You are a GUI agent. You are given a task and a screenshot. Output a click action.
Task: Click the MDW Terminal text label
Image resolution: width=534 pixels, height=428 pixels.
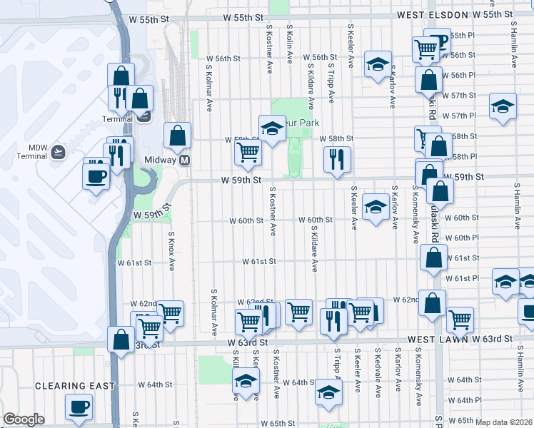(32, 151)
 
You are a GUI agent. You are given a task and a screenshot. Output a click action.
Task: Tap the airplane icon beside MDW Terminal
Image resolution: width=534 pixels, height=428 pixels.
(58, 151)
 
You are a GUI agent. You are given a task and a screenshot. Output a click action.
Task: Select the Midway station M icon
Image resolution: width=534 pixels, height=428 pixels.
(185, 160)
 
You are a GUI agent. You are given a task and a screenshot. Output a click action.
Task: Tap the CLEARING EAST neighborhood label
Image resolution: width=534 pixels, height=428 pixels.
(76, 386)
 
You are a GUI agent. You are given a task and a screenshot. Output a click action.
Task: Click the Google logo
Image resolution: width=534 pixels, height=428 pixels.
(24, 420)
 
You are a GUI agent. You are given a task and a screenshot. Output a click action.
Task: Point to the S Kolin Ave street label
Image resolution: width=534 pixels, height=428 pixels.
(289, 42)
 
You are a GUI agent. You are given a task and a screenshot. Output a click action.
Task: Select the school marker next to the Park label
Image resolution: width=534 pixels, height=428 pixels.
(272, 128)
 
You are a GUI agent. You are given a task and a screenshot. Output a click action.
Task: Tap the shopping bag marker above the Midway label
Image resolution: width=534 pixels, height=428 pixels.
(177, 135)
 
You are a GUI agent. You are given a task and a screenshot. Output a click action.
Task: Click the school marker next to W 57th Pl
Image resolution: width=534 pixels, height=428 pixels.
(503, 106)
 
